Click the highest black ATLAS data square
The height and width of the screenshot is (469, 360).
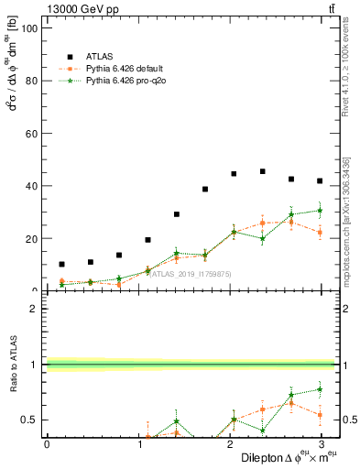262,171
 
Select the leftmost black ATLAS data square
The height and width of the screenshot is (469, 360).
61,264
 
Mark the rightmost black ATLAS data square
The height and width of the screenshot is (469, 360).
320,180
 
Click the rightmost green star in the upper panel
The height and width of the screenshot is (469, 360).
320,210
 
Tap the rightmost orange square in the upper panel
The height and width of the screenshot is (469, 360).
320,232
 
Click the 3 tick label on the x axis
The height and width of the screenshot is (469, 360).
320,444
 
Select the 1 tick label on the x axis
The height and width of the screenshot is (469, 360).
137,444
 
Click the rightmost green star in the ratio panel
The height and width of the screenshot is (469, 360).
320,389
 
